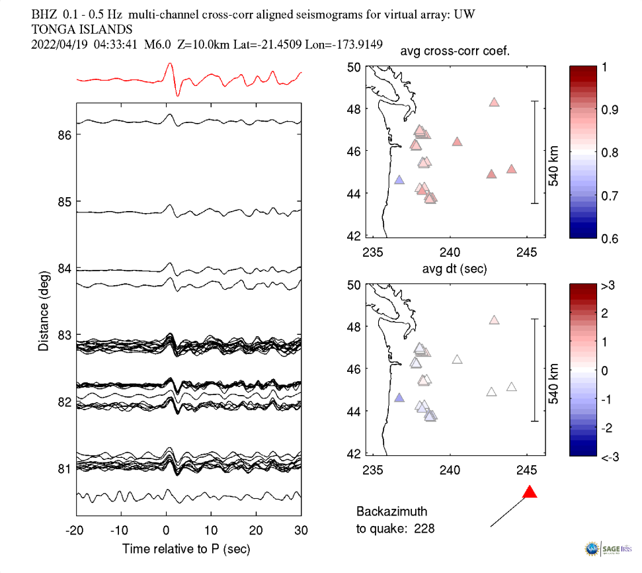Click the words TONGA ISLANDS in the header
tap(82, 29)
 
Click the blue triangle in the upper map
tap(399, 180)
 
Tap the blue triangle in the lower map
tap(399, 398)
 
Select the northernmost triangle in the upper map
tap(494, 103)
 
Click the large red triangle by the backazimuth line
tap(530, 492)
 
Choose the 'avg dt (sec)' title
tap(455, 269)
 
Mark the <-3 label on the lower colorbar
tap(609, 457)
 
